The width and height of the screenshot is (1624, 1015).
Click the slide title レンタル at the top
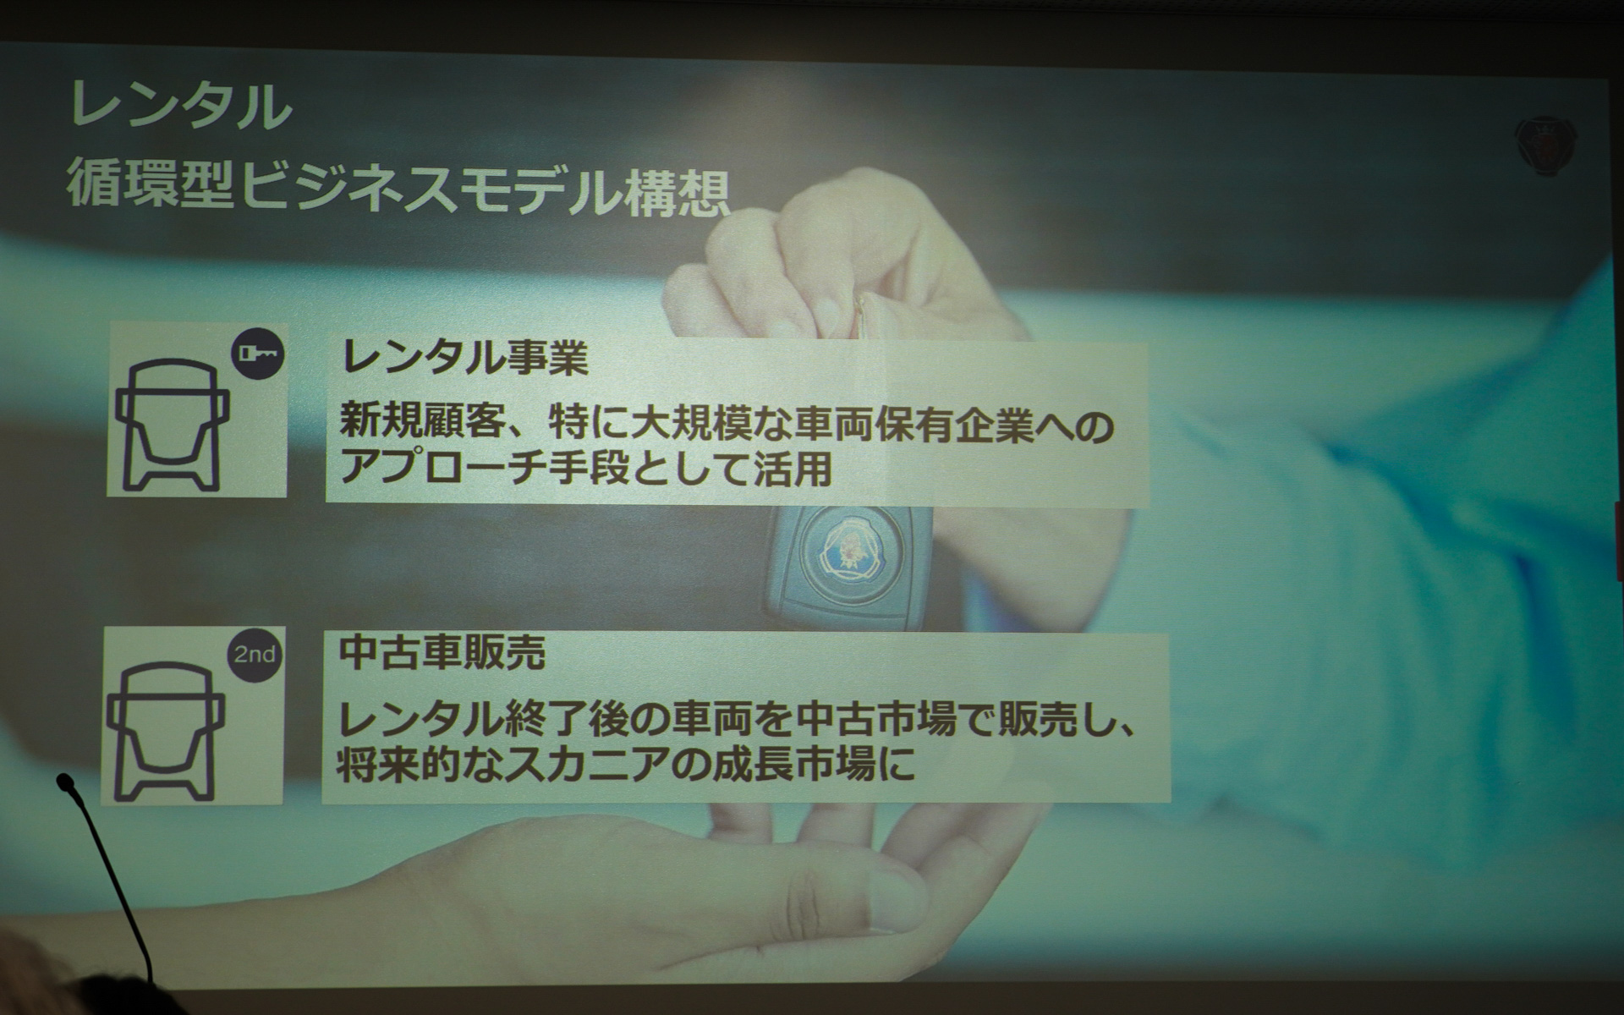[179, 106]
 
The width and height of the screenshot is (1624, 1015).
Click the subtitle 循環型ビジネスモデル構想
[398, 188]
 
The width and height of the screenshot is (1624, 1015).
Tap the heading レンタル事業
[464, 359]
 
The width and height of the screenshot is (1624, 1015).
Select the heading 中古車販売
[442, 652]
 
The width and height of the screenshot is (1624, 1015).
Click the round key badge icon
[258, 353]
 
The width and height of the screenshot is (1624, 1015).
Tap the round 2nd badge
[255, 655]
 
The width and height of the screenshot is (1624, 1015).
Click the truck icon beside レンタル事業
[173, 425]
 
